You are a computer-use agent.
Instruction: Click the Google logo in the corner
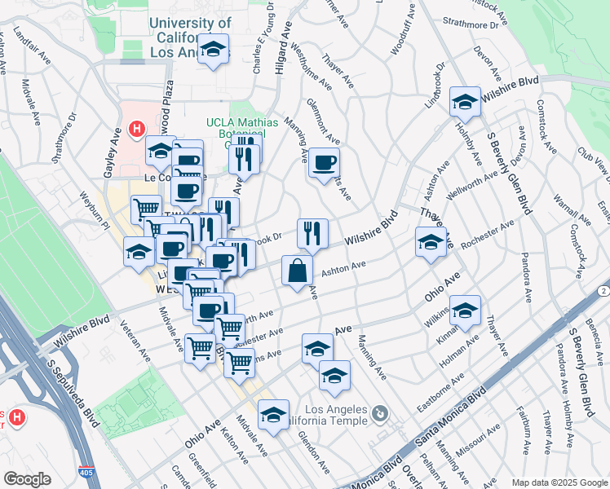pos(28,479)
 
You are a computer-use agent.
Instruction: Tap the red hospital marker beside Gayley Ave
pos(136,129)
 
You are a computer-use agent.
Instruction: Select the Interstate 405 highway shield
pos(86,472)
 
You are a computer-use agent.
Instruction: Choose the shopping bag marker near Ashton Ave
pos(297,271)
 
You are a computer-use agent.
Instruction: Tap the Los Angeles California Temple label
pos(336,415)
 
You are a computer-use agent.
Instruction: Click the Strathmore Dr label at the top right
pos(470,24)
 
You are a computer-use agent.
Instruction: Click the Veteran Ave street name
pos(135,346)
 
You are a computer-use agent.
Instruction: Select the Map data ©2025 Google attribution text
pos(559,482)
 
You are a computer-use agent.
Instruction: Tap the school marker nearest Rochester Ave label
pos(431,243)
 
